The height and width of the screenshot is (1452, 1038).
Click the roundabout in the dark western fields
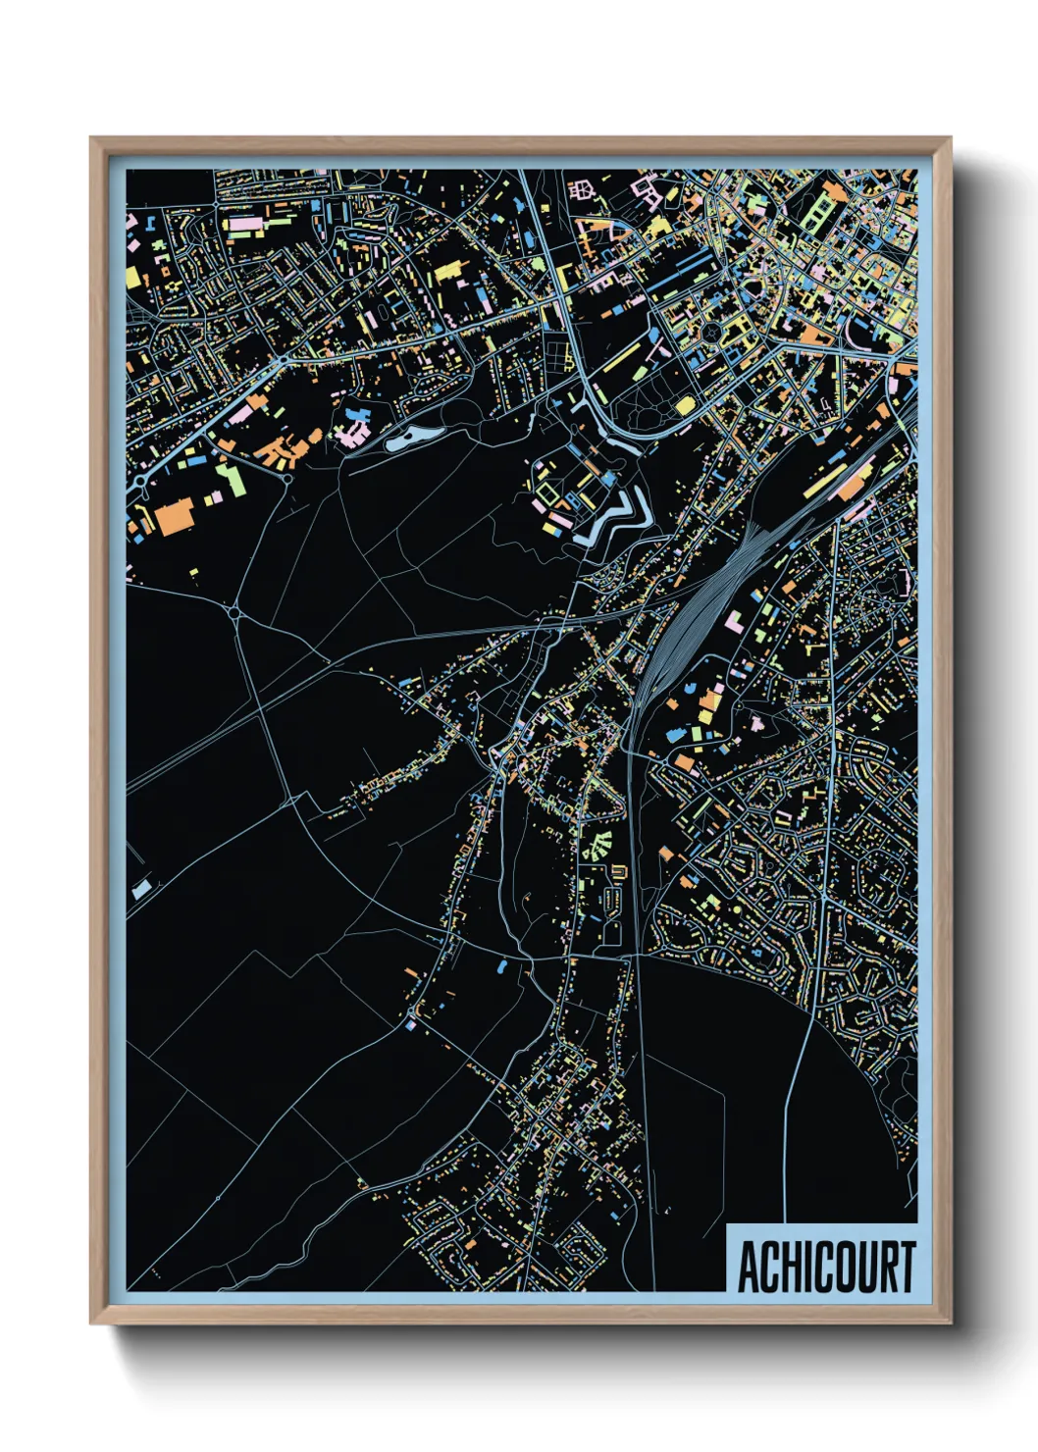(x=235, y=613)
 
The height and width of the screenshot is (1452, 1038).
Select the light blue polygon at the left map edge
(x=141, y=889)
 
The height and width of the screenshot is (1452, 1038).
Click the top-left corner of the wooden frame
(x=92, y=139)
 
